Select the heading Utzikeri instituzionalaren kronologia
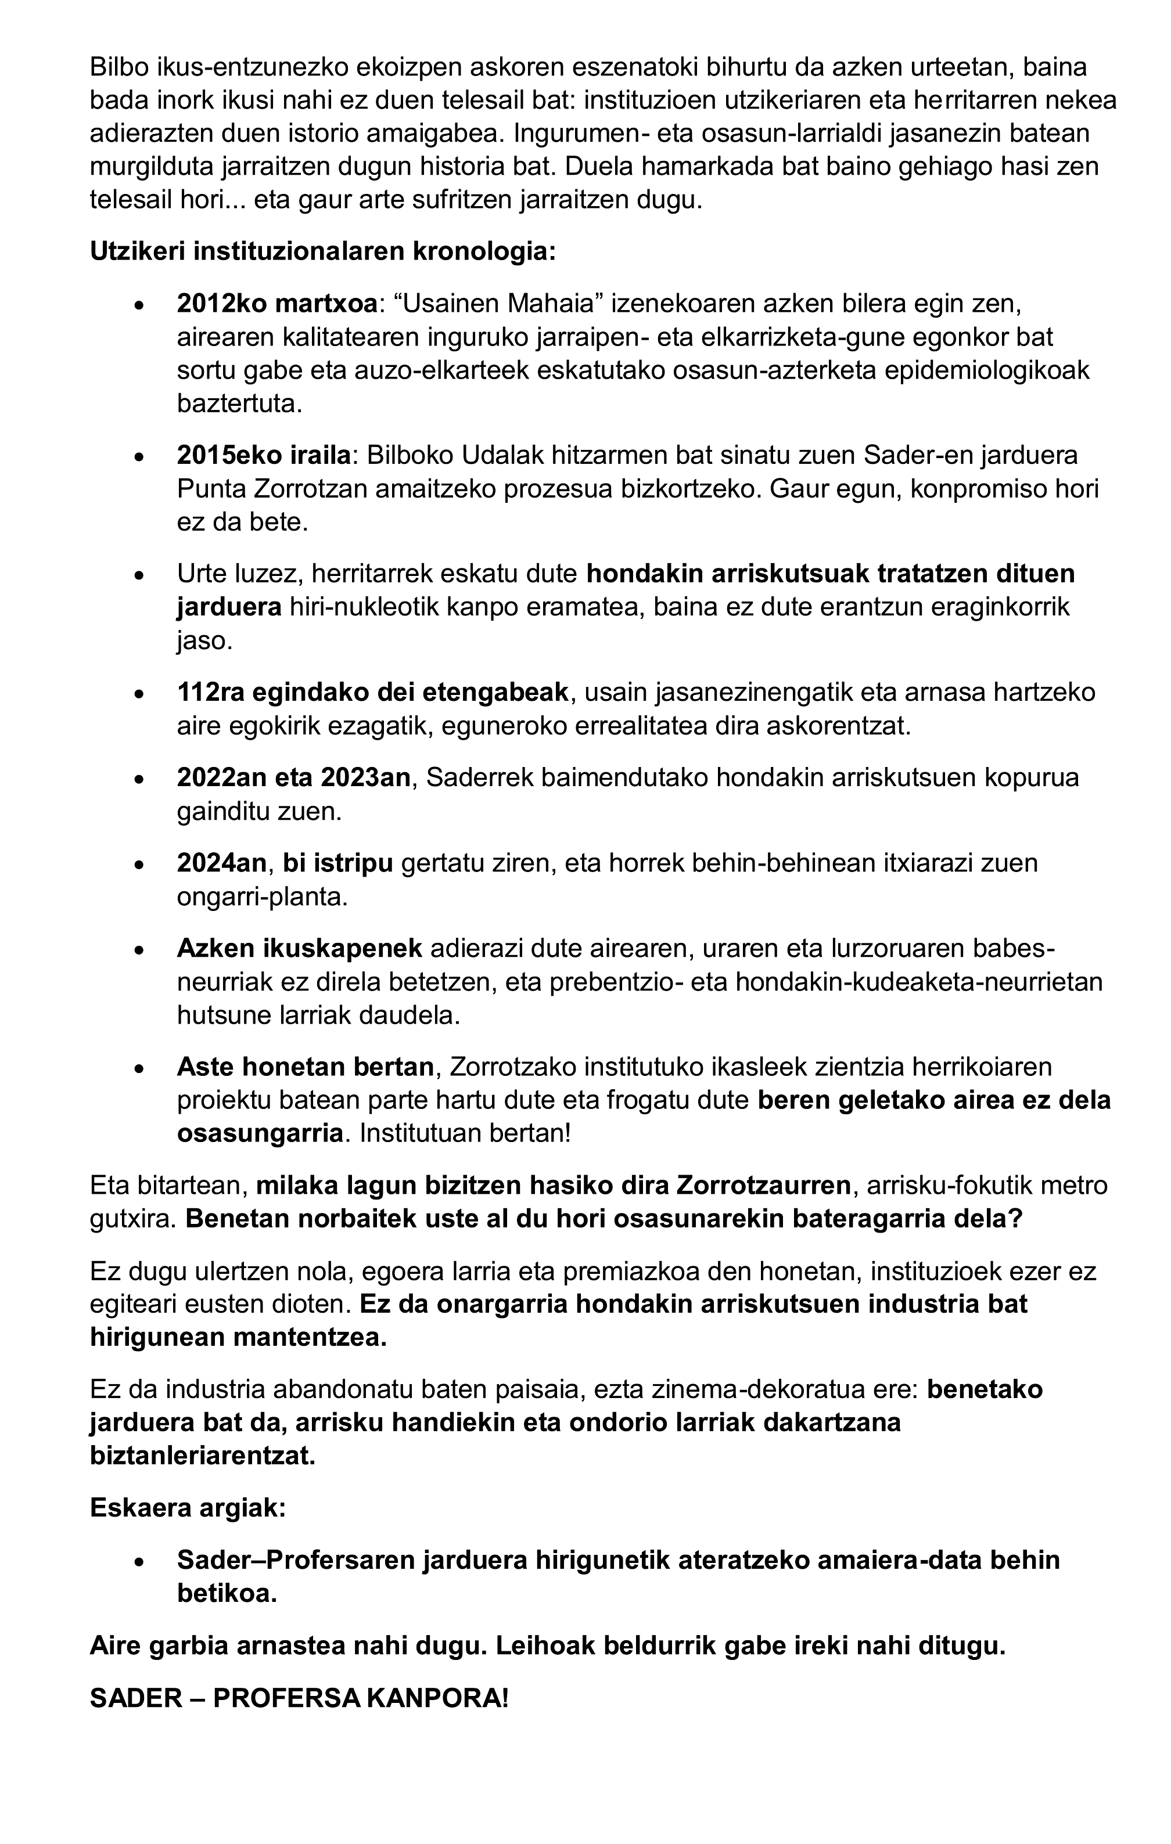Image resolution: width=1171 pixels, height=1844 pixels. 322,251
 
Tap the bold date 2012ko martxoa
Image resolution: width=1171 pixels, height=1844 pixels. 276,304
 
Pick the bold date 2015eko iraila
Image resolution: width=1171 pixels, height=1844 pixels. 264,455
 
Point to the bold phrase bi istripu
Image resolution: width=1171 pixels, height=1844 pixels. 337,863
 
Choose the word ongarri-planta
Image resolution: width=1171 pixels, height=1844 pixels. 262,896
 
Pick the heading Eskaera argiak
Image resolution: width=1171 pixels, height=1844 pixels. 188,1508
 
